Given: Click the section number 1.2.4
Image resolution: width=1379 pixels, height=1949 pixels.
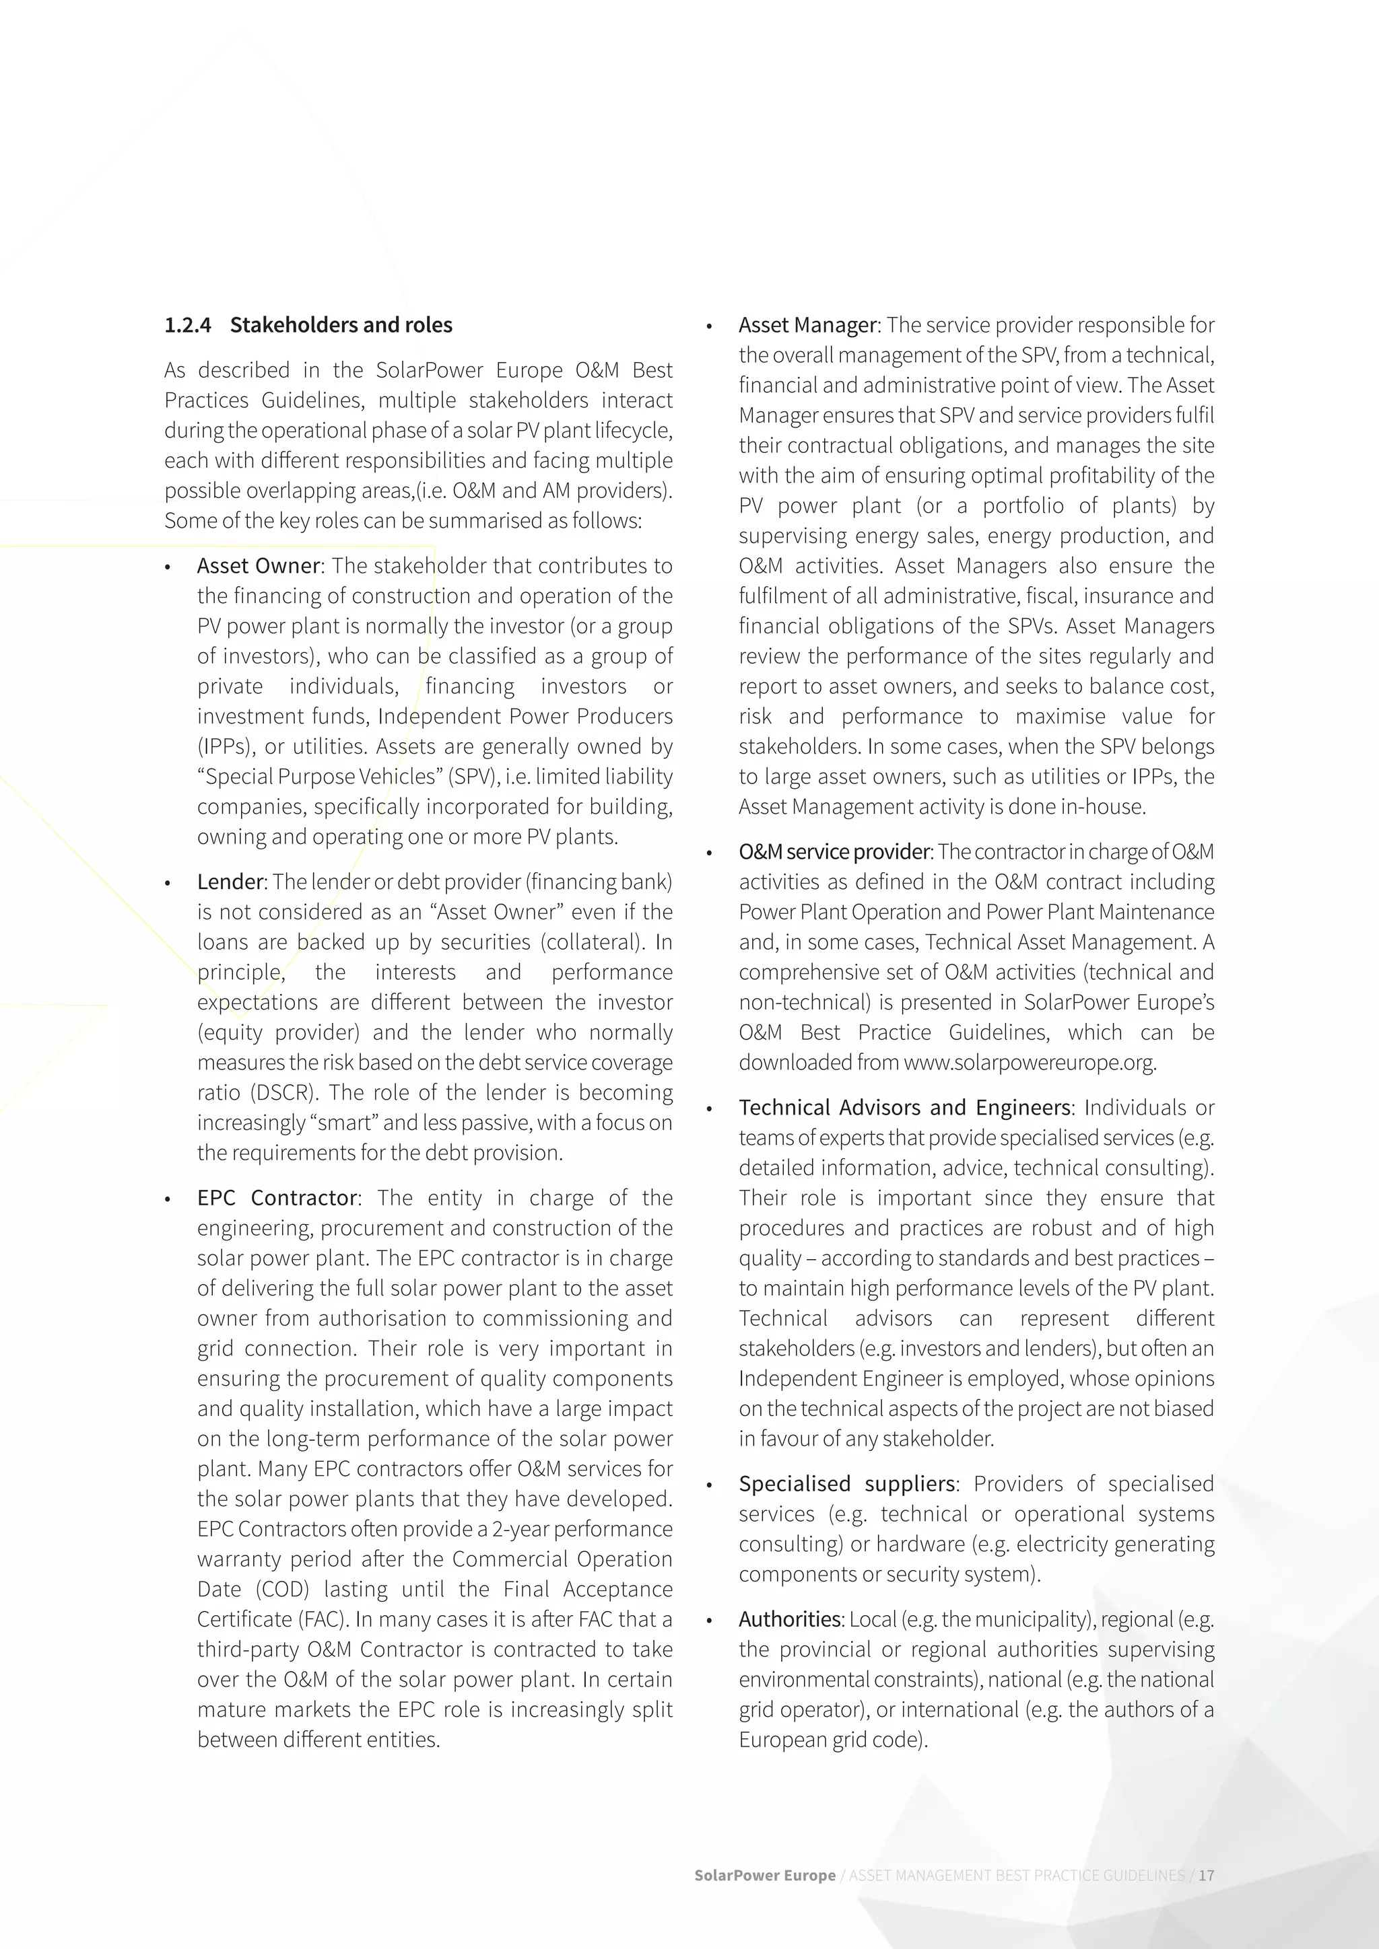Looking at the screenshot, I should (188, 325).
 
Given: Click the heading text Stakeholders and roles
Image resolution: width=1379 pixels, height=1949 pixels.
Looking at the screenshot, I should (341, 325).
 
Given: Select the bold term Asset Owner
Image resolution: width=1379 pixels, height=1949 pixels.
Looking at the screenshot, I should (258, 566).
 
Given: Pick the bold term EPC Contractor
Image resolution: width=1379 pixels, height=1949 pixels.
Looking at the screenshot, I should (277, 1198).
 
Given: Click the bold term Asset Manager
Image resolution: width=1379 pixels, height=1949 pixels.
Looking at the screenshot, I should (807, 325).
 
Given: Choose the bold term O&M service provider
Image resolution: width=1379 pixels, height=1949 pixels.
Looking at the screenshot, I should (834, 851).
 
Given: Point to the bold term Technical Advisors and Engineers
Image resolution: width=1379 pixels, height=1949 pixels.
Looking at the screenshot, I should (904, 1108).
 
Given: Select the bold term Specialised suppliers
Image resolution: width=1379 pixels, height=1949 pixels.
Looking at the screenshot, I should (846, 1484).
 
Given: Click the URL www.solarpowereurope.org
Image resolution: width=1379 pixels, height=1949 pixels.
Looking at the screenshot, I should (1028, 1063).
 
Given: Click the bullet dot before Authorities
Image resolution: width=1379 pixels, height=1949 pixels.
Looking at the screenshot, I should (709, 1621).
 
